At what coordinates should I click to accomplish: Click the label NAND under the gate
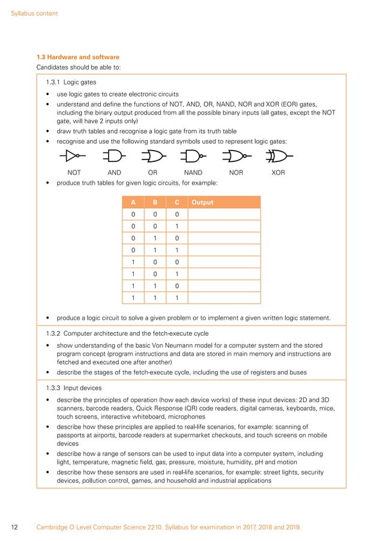(x=193, y=172)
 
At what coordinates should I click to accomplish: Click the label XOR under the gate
(x=278, y=172)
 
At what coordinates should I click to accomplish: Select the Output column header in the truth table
(x=202, y=202)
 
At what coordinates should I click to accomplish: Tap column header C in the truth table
(x=176, y=202)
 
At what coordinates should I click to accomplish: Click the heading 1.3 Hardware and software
(x=78, y=57)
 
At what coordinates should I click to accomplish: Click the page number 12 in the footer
(x=15, y=527)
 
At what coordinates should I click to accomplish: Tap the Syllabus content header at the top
(x=35, y=13)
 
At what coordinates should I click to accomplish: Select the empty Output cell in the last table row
(x=224, y=297)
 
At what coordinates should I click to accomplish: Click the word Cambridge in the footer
(x=53, y=527)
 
